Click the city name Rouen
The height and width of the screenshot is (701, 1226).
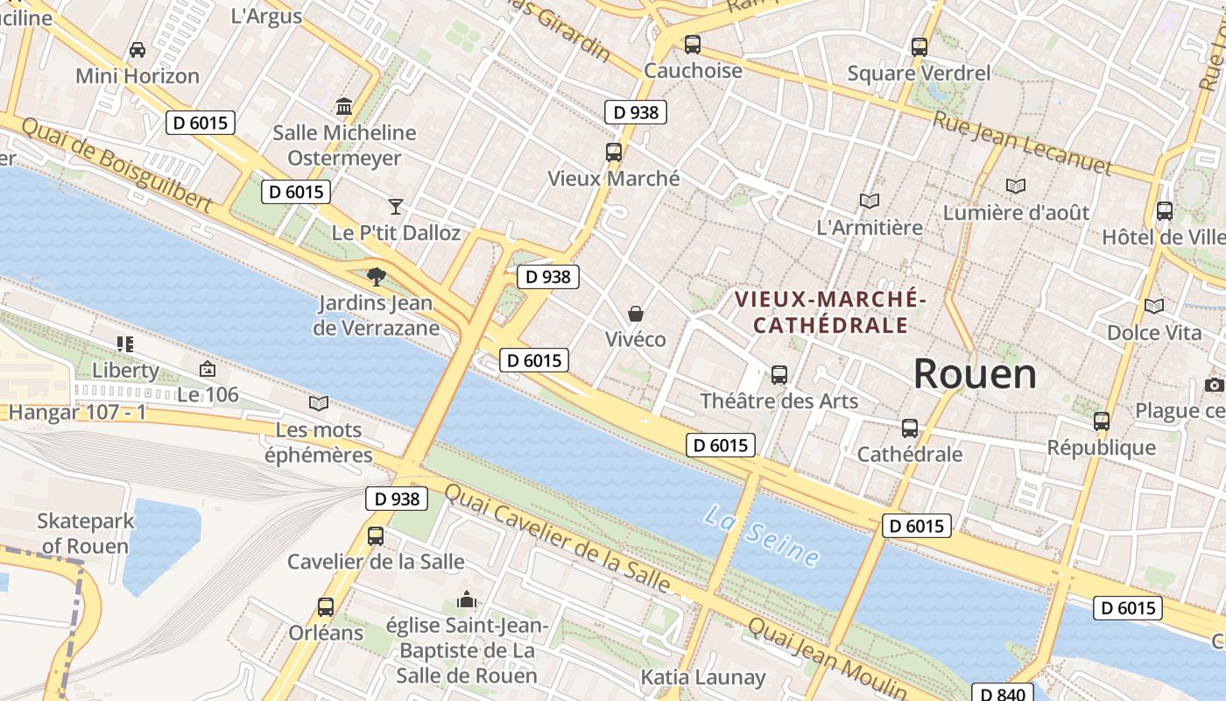coord(975,374)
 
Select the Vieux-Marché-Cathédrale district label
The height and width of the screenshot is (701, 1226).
coord(830,312)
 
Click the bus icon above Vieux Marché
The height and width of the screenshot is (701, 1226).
coord(613,152)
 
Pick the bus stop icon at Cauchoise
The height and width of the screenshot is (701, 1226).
coord(693,44)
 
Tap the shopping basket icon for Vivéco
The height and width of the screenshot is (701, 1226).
coord(636,314)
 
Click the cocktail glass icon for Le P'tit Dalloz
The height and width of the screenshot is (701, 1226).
coord(396,206)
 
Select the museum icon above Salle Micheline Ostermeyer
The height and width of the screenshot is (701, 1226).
coord(344,107)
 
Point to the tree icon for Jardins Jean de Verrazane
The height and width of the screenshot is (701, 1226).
coord(377,278)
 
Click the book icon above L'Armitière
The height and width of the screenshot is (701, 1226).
coord(869,201)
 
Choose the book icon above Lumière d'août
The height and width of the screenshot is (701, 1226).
coord(1016,186)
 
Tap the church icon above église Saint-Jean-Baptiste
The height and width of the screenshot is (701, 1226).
coord(467,600)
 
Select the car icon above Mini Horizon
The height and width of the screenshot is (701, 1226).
coord(137,50)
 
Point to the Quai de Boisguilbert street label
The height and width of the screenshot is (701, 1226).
coord(116,165)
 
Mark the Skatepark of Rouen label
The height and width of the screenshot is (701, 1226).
coord(86,534)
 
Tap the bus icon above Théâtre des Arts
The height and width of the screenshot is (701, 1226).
coord(779,375)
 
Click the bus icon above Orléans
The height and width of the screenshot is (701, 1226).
coord(326,606)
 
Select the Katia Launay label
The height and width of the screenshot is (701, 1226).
coord(703,677)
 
